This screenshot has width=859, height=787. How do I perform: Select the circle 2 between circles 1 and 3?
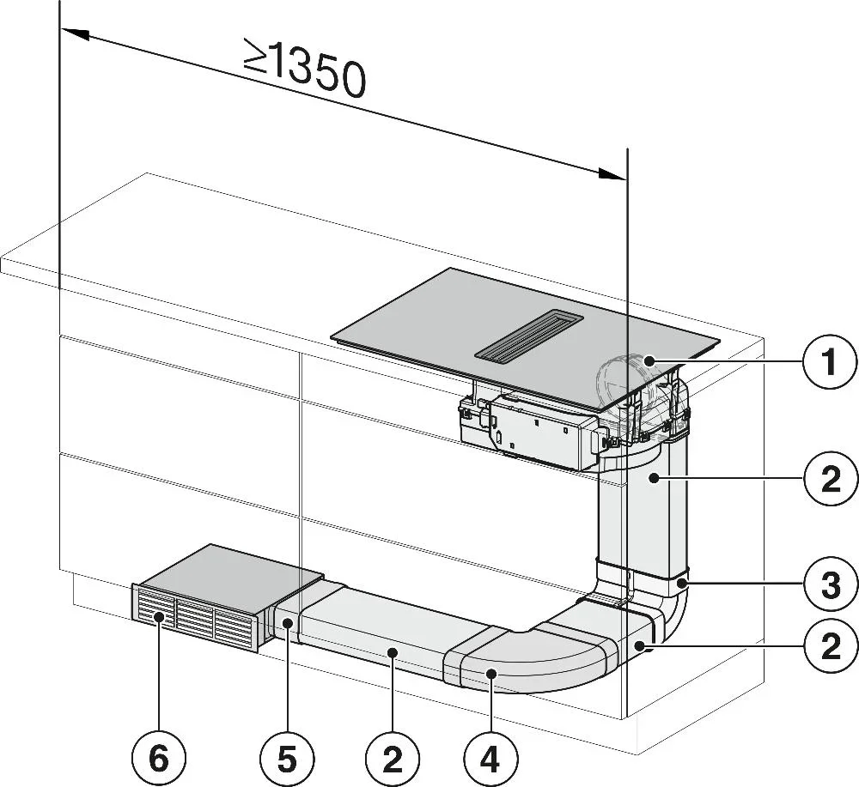pyautogui.click(x=829, y=478)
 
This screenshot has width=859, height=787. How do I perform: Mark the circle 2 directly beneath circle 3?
pyautogui.click(x=829, y=645)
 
